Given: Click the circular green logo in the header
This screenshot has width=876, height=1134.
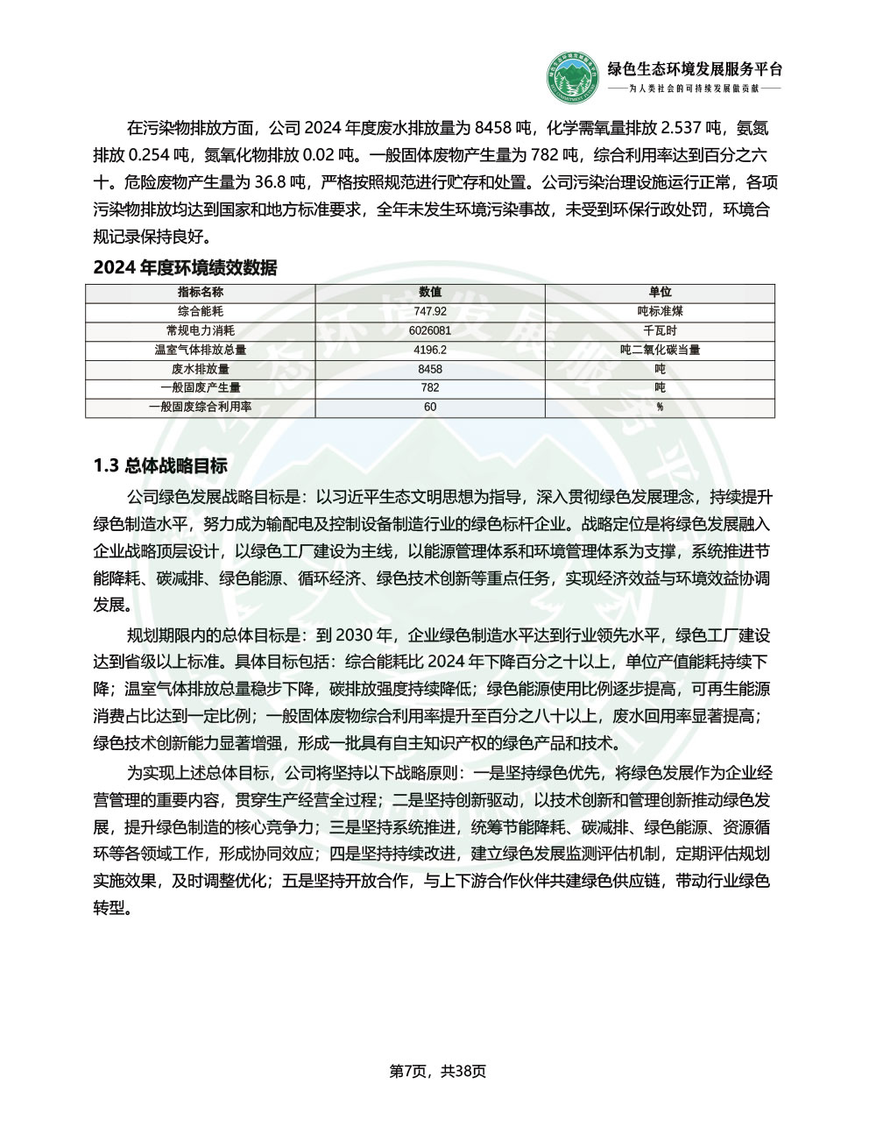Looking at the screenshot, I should (575, 78).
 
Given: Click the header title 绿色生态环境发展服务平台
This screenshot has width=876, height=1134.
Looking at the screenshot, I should (695, 69).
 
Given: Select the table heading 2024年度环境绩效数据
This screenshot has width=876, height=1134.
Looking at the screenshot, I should (185, 268).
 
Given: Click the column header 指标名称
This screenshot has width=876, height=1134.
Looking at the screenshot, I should (201, 292).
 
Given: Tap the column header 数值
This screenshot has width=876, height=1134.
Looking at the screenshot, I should (430, 292).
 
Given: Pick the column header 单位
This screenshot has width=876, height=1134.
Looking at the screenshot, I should (660, 292).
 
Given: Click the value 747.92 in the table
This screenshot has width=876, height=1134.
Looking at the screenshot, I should (430, 311).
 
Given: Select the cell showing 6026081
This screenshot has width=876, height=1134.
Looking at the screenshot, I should (430, 330).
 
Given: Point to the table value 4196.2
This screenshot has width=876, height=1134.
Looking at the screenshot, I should (430, 350).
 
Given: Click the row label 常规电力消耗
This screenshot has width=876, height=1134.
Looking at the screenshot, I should (201, 330).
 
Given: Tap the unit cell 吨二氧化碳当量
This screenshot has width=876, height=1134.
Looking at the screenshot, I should (660, 350).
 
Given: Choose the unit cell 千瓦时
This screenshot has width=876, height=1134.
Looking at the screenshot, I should (660, 330).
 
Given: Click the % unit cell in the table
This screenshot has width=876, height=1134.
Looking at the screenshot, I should (660, 407).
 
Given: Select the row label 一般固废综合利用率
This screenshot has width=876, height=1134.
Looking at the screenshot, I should (201, 407).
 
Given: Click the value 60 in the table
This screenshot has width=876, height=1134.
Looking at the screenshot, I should (430, 407).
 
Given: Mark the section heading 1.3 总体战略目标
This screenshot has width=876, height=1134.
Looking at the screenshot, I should (160, 465).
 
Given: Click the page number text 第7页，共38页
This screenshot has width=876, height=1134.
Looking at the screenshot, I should (438, 1071).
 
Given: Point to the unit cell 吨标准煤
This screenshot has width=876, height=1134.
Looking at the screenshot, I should (660, 311).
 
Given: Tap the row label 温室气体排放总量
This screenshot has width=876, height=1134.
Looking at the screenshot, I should (201, 350).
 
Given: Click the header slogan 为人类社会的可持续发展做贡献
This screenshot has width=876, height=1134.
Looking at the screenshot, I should (695, 89).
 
